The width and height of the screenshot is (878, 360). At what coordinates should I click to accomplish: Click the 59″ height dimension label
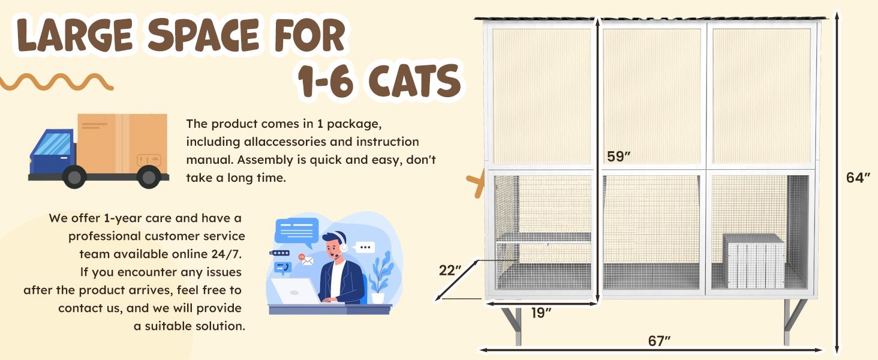[618, 157]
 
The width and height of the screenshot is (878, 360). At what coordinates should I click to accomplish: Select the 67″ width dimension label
[659, 341]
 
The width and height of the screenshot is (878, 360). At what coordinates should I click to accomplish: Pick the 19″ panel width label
[540, 313]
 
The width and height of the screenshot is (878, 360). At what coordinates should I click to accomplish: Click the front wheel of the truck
[74, 176]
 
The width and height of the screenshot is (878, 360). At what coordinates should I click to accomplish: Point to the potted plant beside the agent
[379, 278]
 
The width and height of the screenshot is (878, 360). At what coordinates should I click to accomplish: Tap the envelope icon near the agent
[307, 260]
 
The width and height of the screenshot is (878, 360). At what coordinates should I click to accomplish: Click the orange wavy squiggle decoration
[57, 82]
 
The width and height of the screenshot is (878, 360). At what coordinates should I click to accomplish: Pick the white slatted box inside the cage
[754, 260]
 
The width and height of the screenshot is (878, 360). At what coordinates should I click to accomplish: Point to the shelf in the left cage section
[543, 238]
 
